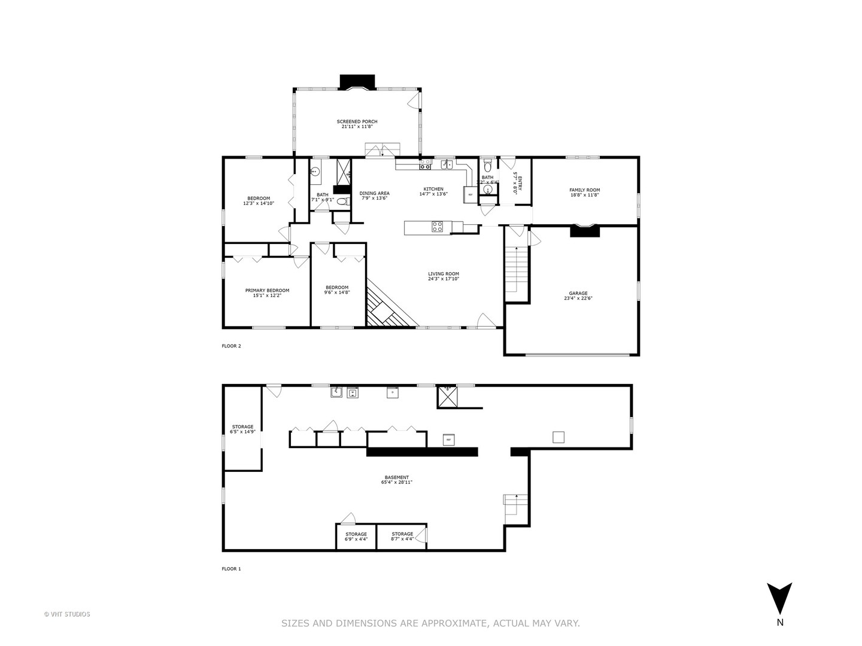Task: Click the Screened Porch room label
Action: tap(357, 121)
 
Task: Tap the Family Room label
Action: tap(584, 190)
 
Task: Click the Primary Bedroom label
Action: tap(267, 291)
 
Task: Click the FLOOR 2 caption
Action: tap(231, 346)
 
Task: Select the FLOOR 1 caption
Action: tap(231, 569)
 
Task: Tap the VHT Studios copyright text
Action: tap(67, 614)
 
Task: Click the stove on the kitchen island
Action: tap(438, 227)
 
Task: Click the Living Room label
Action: tap(443, 274)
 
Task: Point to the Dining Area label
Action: tap(374, 193)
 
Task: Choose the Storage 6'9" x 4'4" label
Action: tap(356, 534)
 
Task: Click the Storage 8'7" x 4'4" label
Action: tap(402, 534)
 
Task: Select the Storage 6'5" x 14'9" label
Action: tap(242, 427)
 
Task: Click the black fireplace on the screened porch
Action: tap(357, 81)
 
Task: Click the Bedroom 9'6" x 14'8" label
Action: tap(337, 288)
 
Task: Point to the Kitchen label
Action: tap(433, 189)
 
